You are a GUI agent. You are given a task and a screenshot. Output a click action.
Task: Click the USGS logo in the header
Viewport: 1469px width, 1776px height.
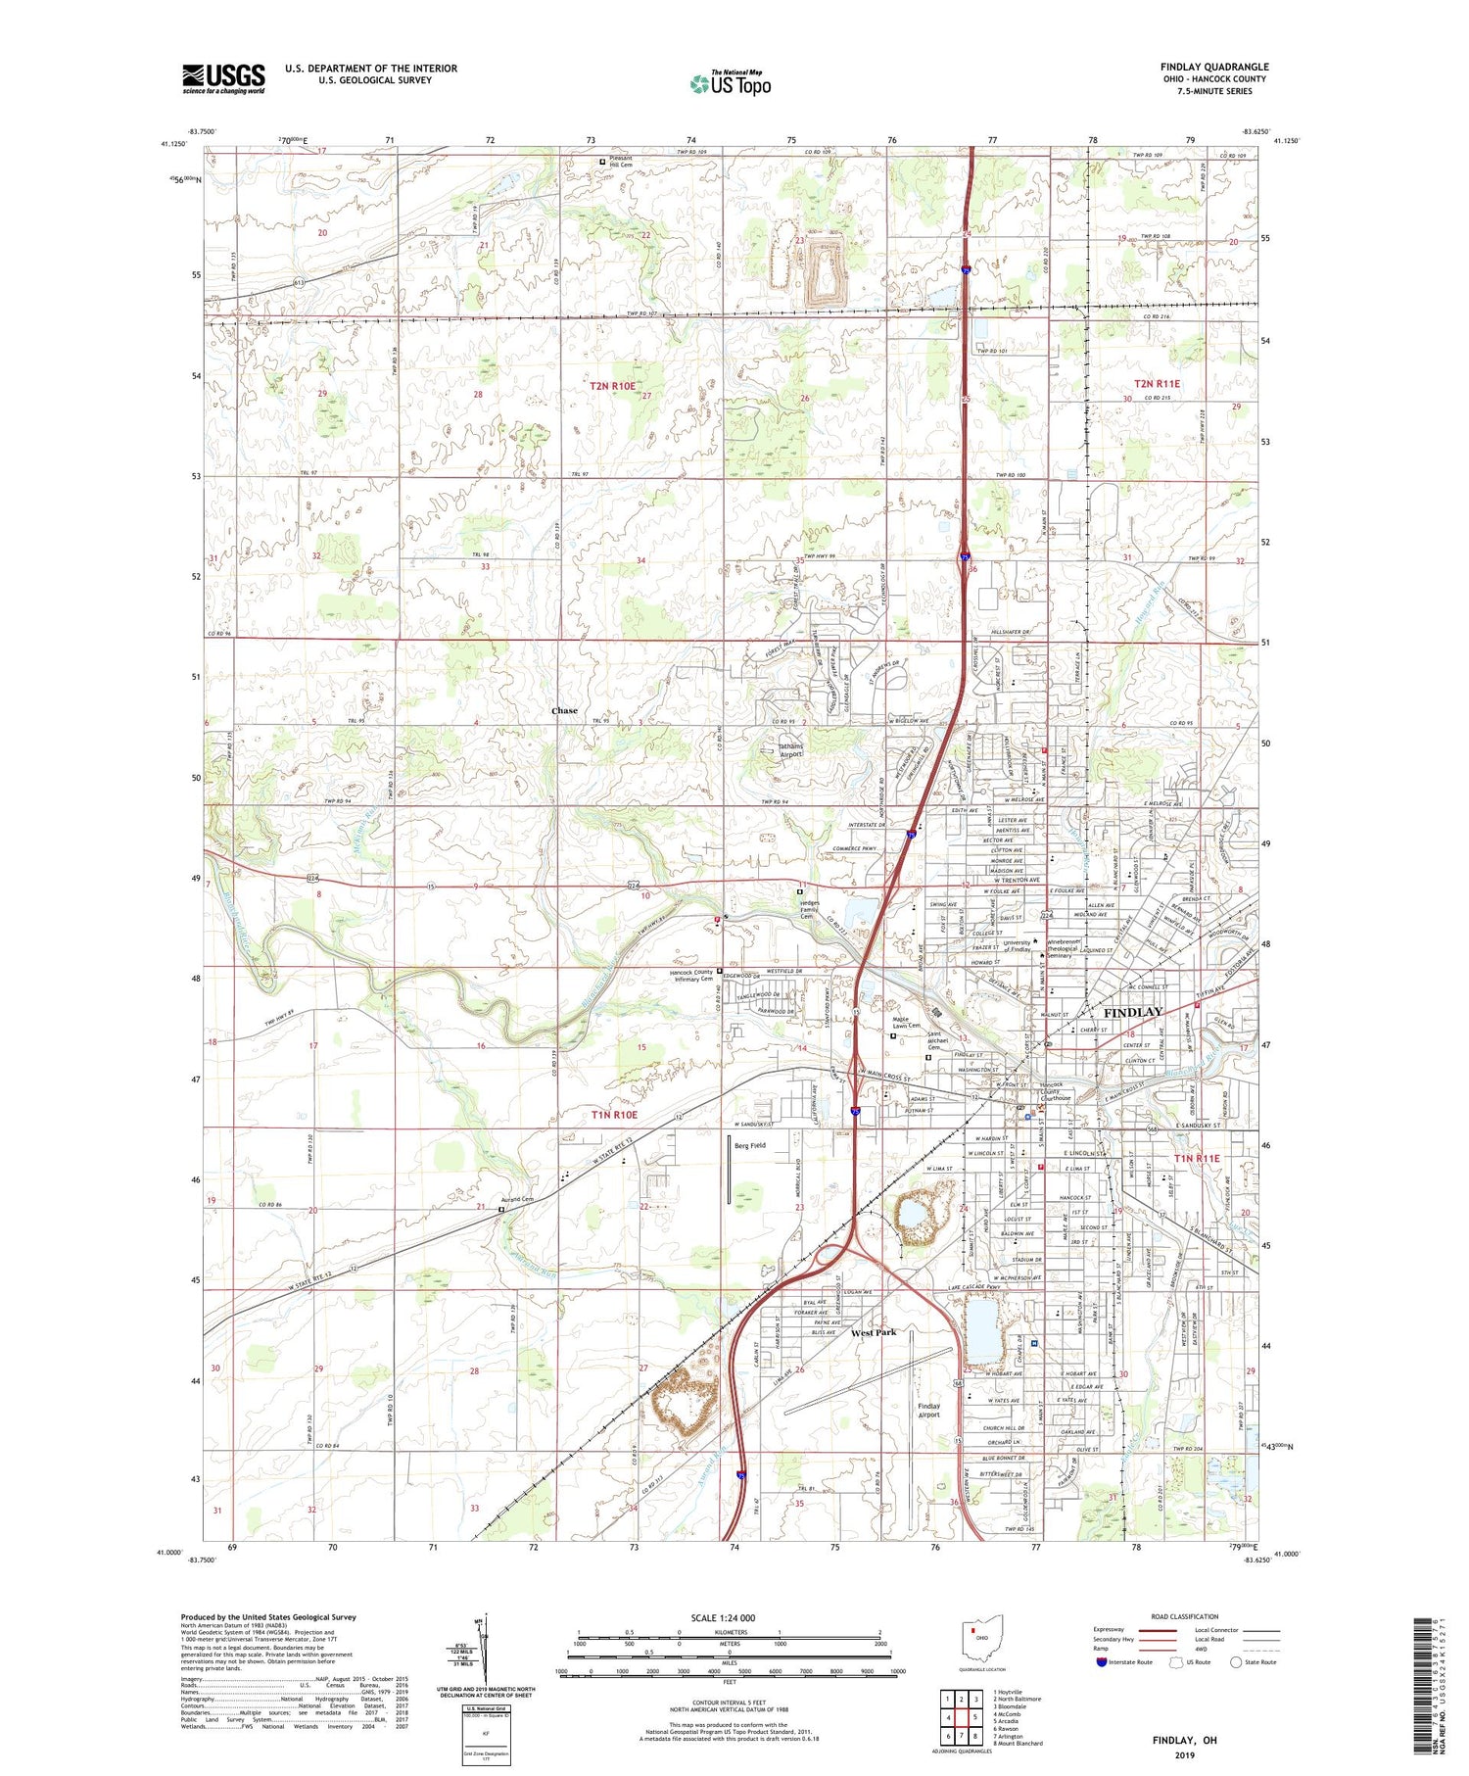[223, 78]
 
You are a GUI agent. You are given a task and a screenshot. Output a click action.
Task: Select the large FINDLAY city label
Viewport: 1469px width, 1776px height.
[1133, 1012]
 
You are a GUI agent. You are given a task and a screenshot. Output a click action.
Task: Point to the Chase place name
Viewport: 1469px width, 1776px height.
[564, 711]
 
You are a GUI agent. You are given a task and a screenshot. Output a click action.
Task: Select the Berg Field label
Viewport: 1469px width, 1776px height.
[750, 1144]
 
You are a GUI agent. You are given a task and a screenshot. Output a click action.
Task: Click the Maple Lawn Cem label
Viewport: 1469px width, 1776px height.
[908, 1023]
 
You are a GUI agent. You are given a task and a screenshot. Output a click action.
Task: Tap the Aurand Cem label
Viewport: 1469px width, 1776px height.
[519, 1200]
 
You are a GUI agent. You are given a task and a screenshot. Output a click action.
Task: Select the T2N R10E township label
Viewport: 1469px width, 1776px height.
[612, 387]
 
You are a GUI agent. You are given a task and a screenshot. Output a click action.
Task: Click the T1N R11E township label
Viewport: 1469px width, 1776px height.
[1197, 1158]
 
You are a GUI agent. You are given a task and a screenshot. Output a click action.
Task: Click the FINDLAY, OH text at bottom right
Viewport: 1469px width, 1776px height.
[1183, 1740]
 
